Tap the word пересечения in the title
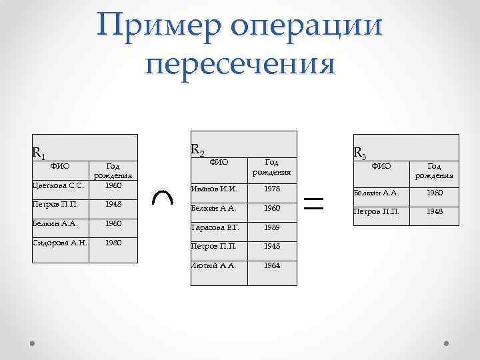point(240,65)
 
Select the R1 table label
point(39,154)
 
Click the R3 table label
point(359,153)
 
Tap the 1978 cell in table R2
point(271,189)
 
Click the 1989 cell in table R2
point(271,227)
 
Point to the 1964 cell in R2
point(271,265)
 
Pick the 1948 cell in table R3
point(434,212)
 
